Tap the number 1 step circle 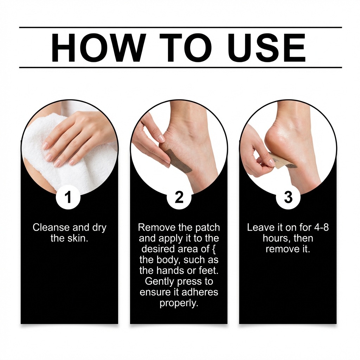[68, 198]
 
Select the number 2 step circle [179, 198]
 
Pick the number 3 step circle [288, 198]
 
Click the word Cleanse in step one [51, 227]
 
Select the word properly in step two [179, 303]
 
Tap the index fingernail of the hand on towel [44, 145]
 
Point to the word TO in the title [186, 47]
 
